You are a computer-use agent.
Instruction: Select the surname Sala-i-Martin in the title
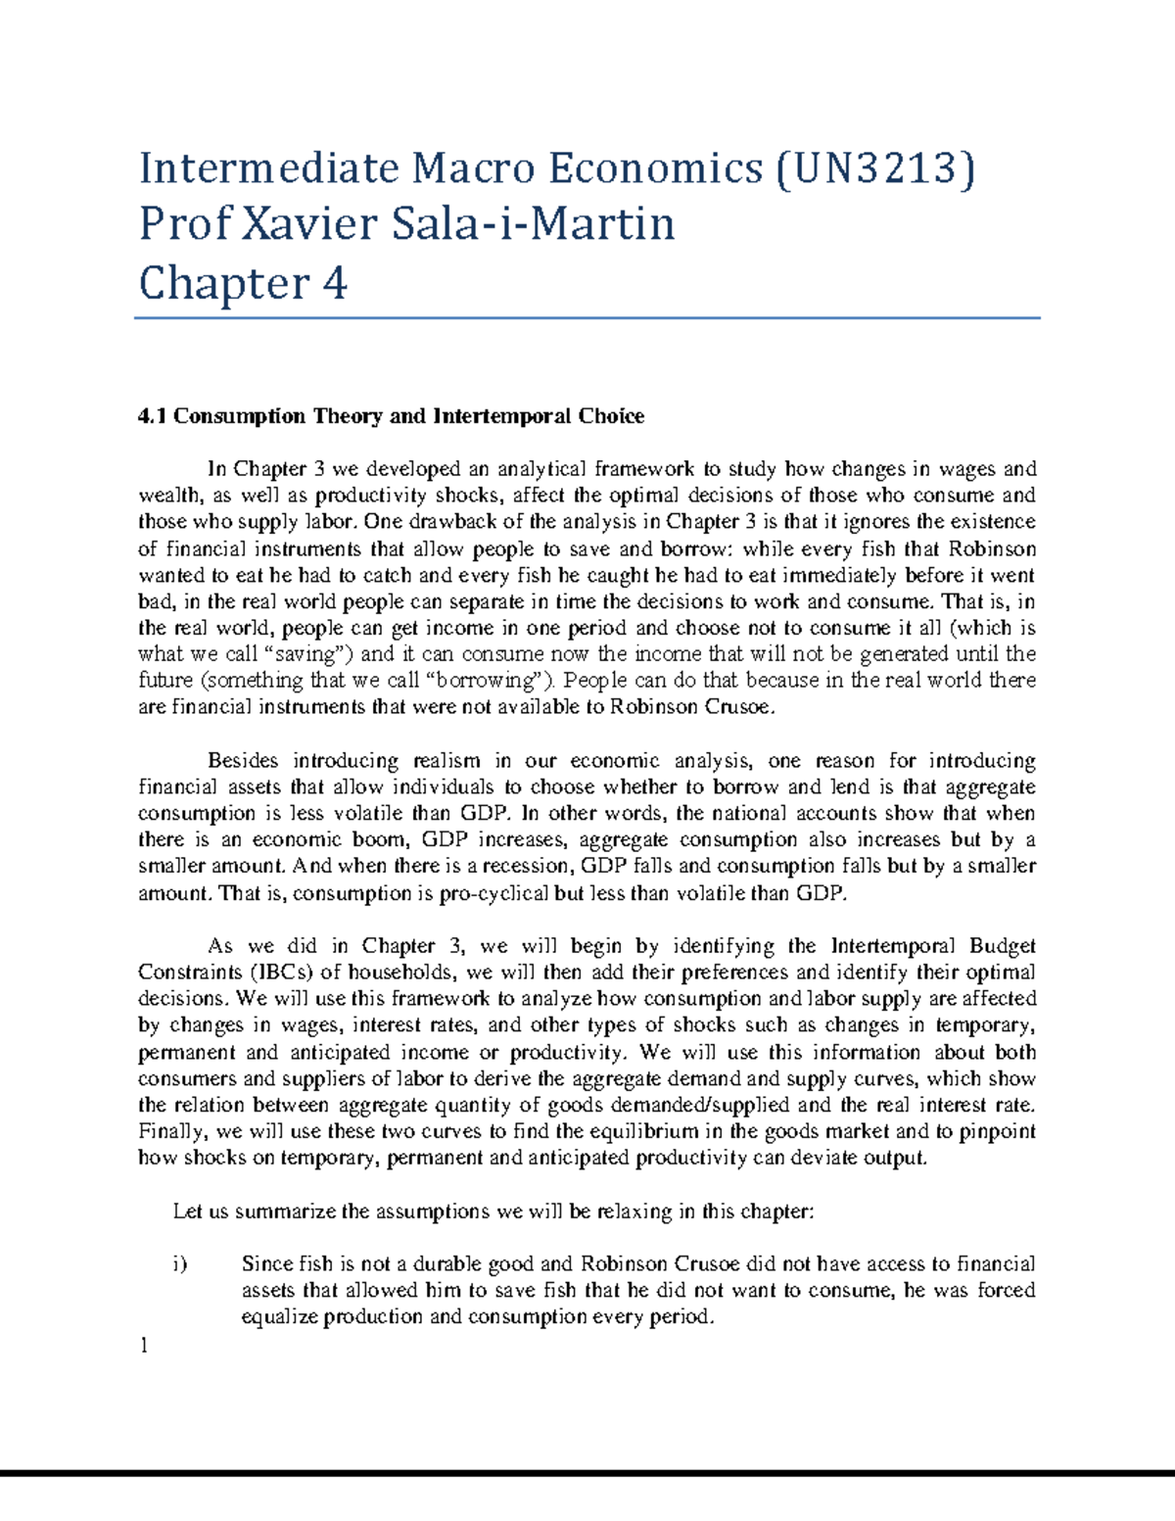(534, 224)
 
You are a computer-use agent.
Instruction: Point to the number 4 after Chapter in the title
(334, 284)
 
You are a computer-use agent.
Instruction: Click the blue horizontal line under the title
(587, 318)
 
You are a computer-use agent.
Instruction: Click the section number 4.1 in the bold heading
(153, 416)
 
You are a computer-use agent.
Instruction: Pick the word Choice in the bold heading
(611, 416)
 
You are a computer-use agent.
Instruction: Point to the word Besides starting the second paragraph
(243, 761)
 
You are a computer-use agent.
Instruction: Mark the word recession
(530, 867)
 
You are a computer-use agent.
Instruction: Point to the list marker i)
(179, 1264)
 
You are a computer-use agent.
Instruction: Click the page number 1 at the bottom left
(143, 1346)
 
